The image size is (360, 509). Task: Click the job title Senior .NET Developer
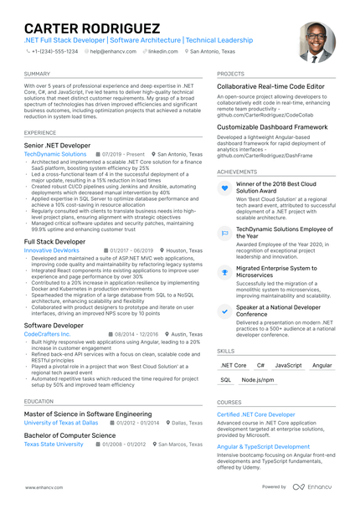tap(58, 146)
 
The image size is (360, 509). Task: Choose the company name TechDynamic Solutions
tap(54, 155)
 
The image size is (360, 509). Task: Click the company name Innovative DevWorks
tap(52, 249)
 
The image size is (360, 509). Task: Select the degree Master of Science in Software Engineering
tap(88, 414)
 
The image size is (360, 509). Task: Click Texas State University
tap(54, 445)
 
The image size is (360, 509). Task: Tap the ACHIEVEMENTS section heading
tap(237, 172)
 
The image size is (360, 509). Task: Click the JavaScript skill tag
tap(288, 366)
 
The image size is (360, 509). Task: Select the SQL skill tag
tap(226, 380)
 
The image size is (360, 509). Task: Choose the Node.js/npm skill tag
tap(258, 380)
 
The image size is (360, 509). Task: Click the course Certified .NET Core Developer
tap(256, 414)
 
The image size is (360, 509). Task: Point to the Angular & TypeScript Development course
tap(264, 447)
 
